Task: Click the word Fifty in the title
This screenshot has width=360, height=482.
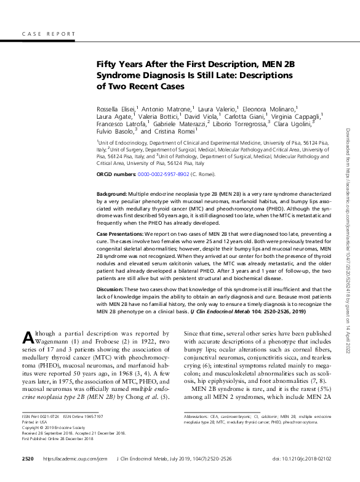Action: [106, 64]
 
